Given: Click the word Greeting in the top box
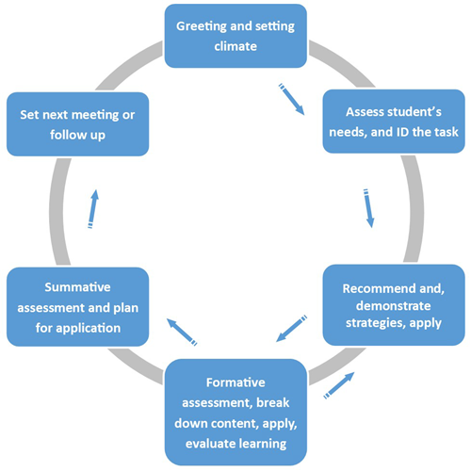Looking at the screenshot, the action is point(202,27).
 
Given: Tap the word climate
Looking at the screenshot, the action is point(235,46).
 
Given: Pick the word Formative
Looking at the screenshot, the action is point(235,382).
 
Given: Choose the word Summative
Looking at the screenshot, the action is point(77,287).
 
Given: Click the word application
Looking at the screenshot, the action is point(89,329).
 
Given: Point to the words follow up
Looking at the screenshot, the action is point(77,136).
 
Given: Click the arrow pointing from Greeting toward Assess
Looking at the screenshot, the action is point(291,99).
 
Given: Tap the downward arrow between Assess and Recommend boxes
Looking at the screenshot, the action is point(368,208).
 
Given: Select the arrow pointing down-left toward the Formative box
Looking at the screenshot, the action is point(291,329).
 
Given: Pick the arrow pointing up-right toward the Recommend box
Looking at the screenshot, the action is point(339,385).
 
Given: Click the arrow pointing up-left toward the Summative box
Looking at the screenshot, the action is point(182,333).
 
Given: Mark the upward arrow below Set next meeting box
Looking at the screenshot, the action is point(93,209).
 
